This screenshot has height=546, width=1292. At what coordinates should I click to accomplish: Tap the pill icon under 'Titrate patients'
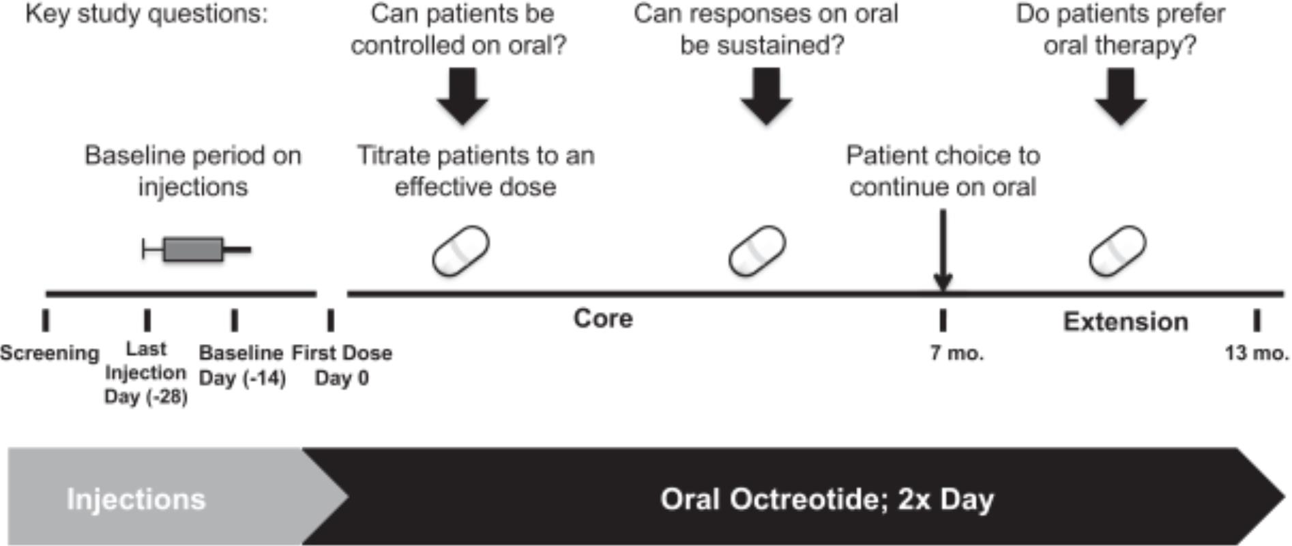[460, 250]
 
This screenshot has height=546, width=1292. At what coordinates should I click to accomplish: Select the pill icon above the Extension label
[1117, 250]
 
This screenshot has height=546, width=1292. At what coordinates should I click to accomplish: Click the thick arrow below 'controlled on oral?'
[463, 96]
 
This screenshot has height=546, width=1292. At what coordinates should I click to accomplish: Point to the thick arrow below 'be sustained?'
[766, 96]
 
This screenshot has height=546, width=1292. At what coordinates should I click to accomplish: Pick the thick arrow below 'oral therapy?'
[1120, 96]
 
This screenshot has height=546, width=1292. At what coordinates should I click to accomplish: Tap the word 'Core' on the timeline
[603, 318]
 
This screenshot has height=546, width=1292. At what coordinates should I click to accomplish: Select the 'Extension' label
[1126, 321]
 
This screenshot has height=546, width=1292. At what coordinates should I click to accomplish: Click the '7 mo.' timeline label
[956, 353]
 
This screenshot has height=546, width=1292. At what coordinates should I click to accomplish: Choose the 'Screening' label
[49, 353]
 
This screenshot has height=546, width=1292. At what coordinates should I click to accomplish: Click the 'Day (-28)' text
[145, 397]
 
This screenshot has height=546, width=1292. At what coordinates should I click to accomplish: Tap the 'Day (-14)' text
[242, 377]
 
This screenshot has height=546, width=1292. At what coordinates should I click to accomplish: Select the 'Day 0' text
[342, 377]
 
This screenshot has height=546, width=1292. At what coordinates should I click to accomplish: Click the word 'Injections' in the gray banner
[136, 499]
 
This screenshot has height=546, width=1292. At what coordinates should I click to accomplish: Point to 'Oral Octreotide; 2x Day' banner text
[827, 499]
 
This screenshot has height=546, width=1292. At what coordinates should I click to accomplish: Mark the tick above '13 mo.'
[1257, 319]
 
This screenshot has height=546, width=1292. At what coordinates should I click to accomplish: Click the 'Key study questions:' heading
[147, 14]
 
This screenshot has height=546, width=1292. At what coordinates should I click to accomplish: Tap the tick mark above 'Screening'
[46, 319]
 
